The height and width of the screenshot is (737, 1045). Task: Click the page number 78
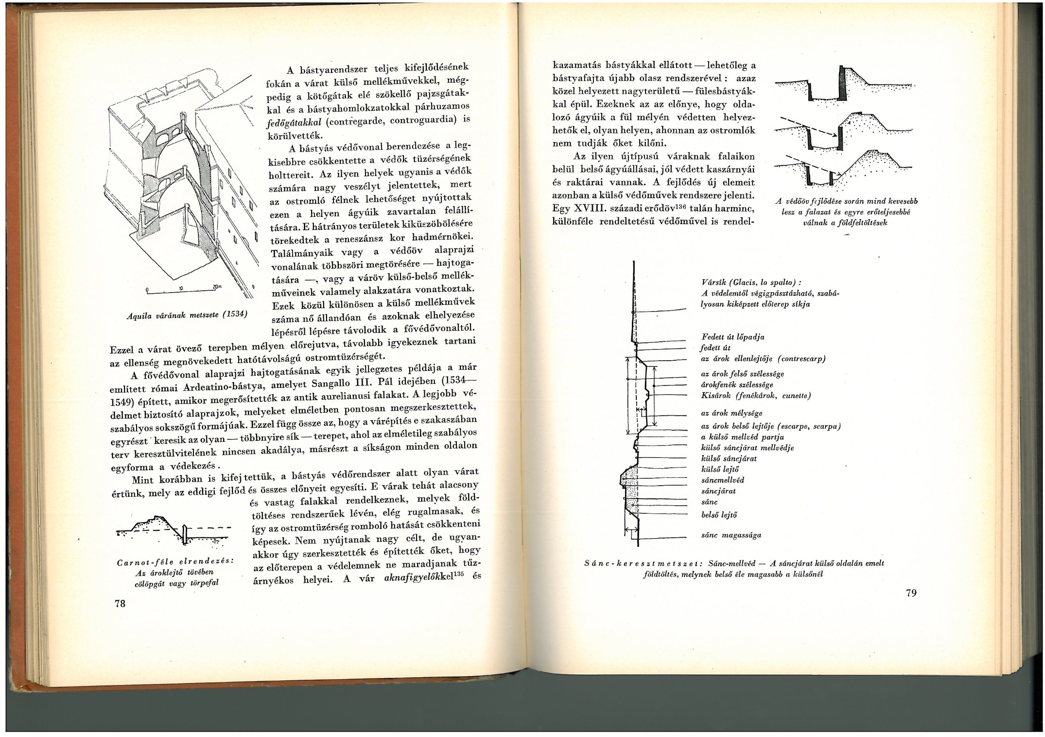pyautogui.click(x=120, y=603)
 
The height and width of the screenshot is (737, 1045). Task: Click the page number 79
pyautogui.click(x=911, y=593)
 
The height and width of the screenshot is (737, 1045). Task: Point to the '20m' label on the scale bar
pyautogui.click(x=216, y=286)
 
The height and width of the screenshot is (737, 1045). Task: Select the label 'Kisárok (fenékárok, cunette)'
pyautogui.click(x=756, y=396)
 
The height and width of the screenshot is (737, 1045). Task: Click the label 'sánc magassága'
pyautogui.click(x=731, y=535)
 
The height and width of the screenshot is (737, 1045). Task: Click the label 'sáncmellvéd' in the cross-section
pyautogui.click(x=723, y=480)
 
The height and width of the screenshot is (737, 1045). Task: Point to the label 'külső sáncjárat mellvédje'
pyautogui.click(x=747, y=448)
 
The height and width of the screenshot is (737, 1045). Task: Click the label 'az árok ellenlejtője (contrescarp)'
pyautogui.click(x=763, y=359)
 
